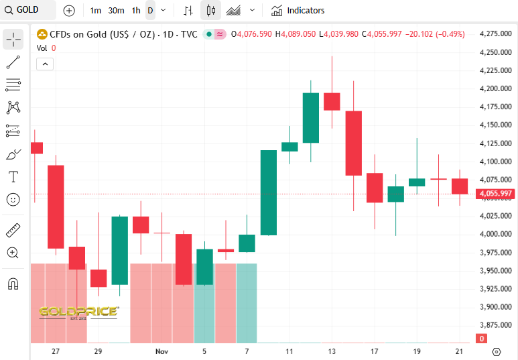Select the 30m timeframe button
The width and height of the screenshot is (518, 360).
[116, 10]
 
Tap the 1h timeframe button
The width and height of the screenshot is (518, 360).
[136, 10]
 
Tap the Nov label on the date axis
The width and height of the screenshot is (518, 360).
[161, 351]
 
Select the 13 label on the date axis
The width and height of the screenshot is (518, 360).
[332, 351]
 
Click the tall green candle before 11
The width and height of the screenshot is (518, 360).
[269, 192]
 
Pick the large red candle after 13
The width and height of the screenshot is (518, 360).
[353, 143]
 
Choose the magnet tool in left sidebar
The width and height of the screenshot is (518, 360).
[13, 284]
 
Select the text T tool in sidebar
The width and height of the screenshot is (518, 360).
[13, 177]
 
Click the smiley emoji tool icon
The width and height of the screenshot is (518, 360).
[13, 199]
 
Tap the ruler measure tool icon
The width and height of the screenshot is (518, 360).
[13, 231]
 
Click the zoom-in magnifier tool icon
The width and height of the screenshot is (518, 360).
[13, 253]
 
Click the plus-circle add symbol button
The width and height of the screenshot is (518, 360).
[69, 10]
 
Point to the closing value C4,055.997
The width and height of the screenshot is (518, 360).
[382, 34]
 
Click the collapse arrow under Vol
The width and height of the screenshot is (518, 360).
[45, 64]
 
